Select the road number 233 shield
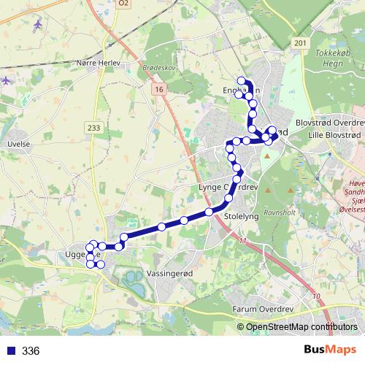pos(93,128)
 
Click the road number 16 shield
pos(160,88)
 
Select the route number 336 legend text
pos(31,351)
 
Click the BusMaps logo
pos(330,350)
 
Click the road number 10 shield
pos(315,296)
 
